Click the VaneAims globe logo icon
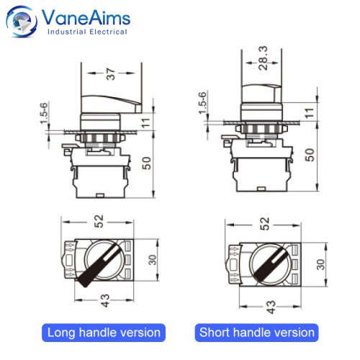(22, 22)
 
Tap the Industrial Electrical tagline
(87, 32)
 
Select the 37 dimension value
(111, 73)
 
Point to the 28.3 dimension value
(264, 58)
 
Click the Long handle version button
(104, 333)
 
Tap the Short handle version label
(256, 333)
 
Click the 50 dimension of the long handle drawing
(147, 163)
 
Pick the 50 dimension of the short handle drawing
(310, 155)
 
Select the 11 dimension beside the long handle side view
(146, 123)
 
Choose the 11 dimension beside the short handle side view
(310, 113)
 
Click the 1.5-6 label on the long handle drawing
(45, 113)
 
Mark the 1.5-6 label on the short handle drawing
(203, 103)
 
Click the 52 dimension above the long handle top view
(99, 221)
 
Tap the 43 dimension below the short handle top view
(271, 307)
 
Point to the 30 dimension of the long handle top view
(153, 260)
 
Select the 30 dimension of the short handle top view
(320, 264)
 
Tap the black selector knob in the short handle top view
(271, 264)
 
